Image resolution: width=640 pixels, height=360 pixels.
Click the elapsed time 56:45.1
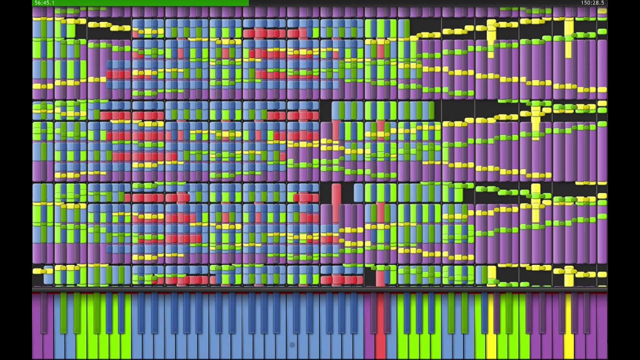[x=44, y=3]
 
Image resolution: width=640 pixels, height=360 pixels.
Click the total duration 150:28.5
[x=592, y=3]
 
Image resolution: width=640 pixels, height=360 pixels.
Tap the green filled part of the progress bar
[x=140, y=3]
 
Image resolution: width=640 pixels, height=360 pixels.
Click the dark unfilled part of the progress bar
[x=428, y=3]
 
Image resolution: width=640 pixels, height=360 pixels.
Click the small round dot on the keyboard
[x=292, y=345]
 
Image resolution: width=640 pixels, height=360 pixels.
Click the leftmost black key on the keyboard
[x=43, y=313]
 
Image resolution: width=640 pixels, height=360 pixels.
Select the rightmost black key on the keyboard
[x=586, y=313]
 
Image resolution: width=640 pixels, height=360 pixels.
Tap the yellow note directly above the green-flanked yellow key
[x=491, y=275]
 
